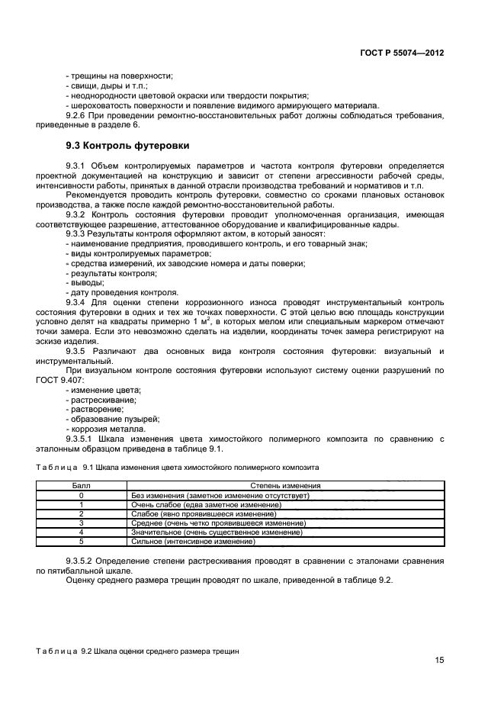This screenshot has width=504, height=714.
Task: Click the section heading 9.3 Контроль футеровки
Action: pos(126,145)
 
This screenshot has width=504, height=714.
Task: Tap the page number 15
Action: pos(439,661)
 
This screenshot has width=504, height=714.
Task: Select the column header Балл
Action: pos(80,485)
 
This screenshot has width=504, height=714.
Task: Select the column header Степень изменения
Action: pos(285,485)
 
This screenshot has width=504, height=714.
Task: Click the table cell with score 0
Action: pos(80,495)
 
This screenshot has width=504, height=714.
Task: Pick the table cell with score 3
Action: pos(80,523)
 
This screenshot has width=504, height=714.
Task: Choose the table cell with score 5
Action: pos(80,541)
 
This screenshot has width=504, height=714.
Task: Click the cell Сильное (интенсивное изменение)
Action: pos(194,541)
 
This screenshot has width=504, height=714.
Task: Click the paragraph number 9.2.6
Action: pos(79,115)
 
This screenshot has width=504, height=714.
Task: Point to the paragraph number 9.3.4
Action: pos(79,303)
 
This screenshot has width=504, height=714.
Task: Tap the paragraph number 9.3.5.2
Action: pos(83,561)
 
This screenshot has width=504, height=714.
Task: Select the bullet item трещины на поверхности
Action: pos(120,76)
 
